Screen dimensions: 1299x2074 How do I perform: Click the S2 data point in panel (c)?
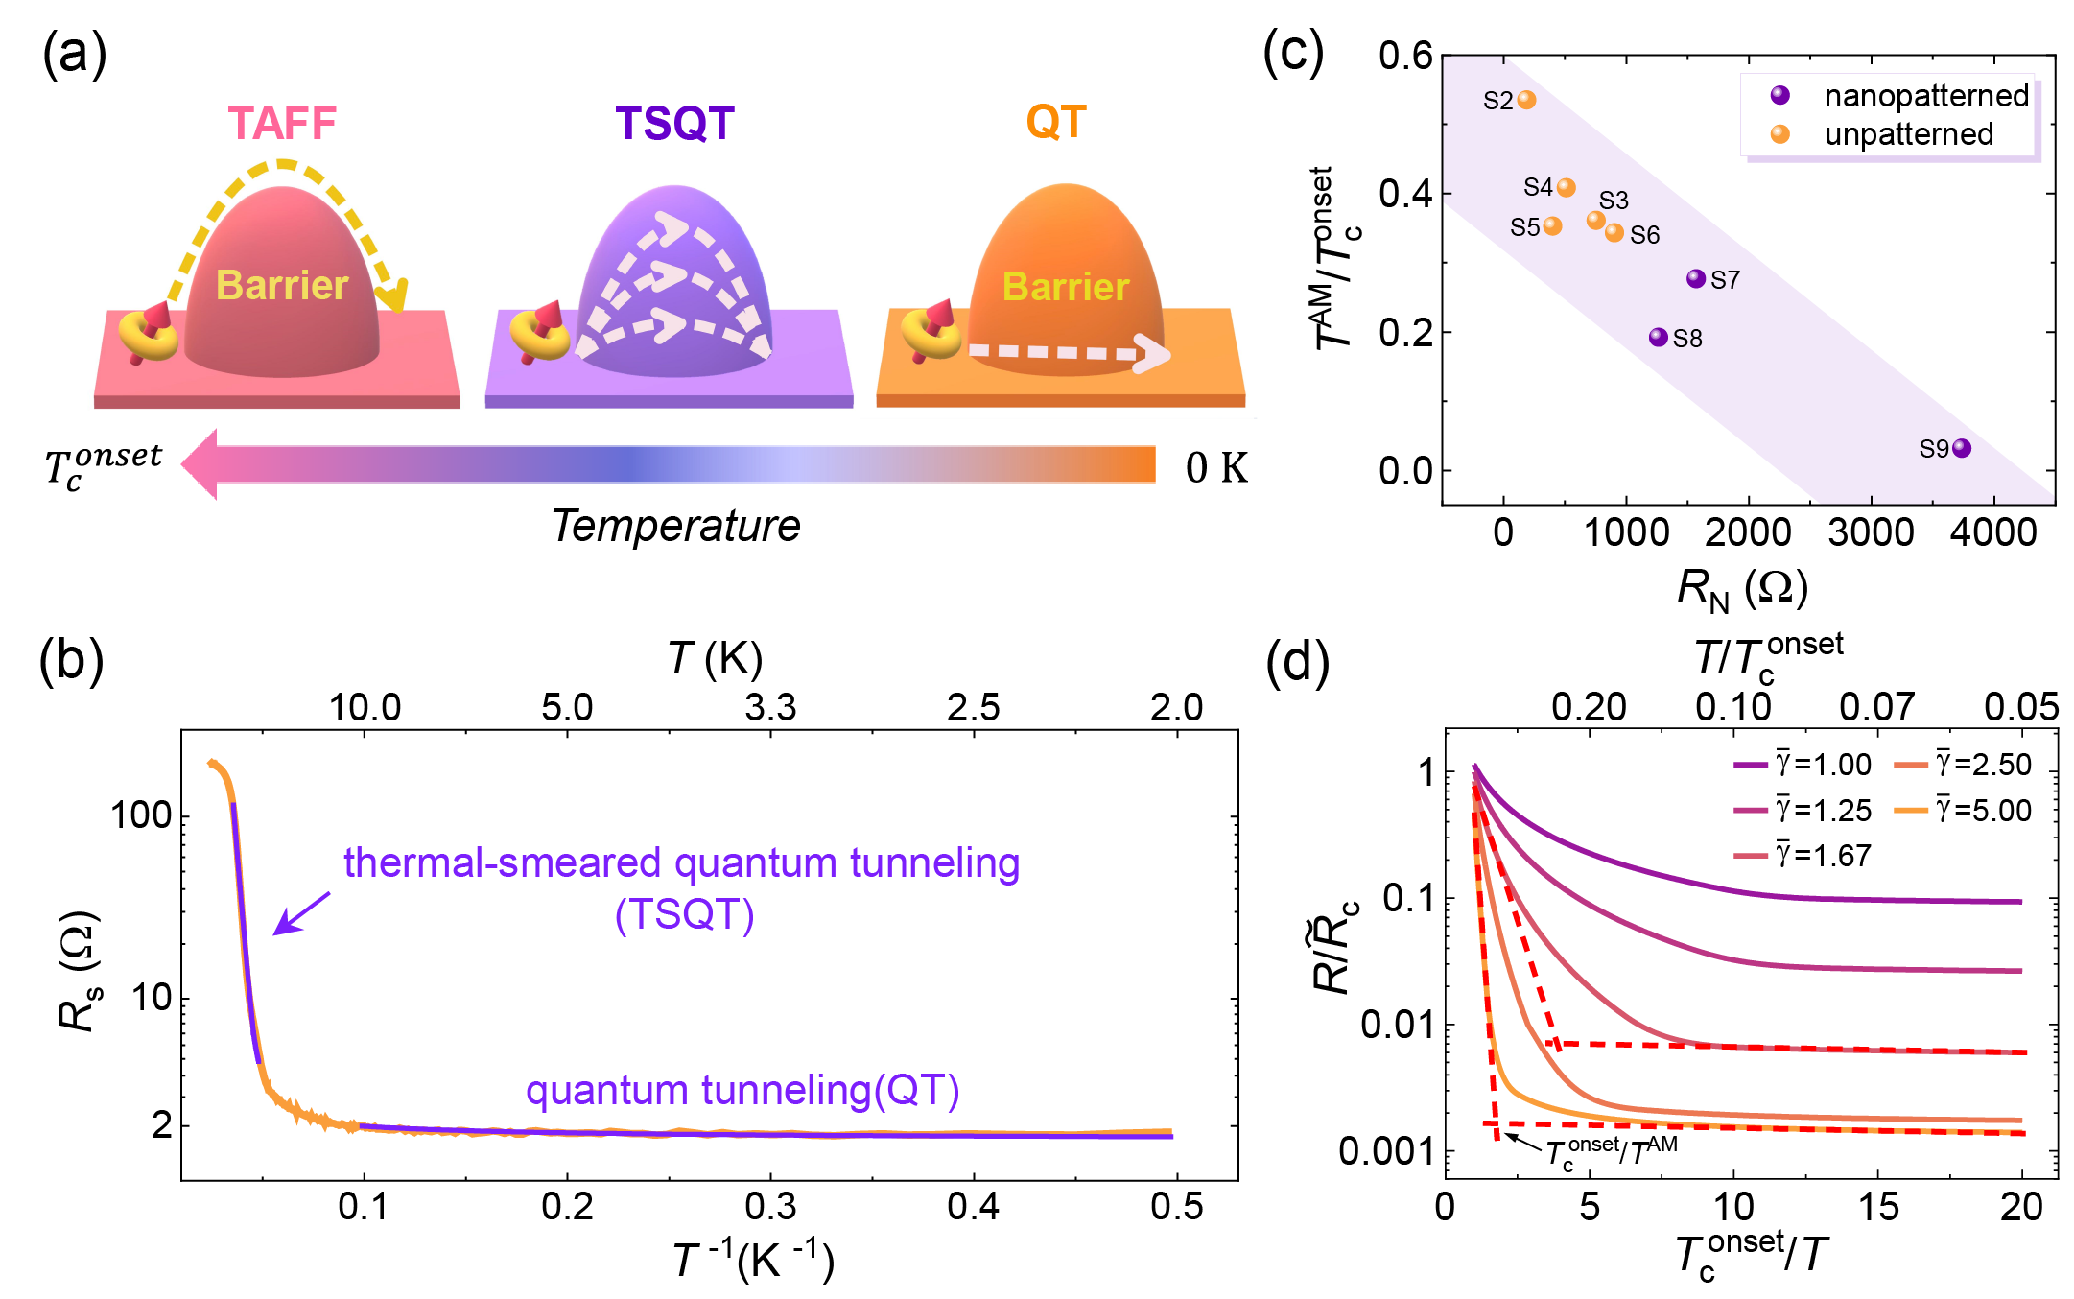click(1526, 100)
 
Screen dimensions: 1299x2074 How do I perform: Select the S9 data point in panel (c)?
click(1962, 448)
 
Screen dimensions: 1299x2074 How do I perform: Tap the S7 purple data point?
click(1696, 278)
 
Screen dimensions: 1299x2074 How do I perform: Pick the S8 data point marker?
click(1658, 337)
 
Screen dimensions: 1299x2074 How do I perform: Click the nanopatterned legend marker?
click(1780, 95)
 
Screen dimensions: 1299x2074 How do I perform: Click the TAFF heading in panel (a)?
click(282, 124)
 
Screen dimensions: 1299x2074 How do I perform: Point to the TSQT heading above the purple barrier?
click(674, 124)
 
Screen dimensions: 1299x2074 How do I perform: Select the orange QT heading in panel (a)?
click(1056, 122)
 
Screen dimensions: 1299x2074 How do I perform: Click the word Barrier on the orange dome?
click(1066, 287)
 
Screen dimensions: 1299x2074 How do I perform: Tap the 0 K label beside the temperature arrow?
click(1216, 468)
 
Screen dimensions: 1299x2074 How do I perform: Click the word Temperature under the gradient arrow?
click(675, 526)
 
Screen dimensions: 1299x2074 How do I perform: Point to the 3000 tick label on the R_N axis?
click(1871, 532)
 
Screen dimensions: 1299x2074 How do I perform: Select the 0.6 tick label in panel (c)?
click(1405, 57)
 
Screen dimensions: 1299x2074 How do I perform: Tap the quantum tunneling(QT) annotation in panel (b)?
click(742, 1091)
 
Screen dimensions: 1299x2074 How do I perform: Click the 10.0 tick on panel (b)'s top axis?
click(365, 708)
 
